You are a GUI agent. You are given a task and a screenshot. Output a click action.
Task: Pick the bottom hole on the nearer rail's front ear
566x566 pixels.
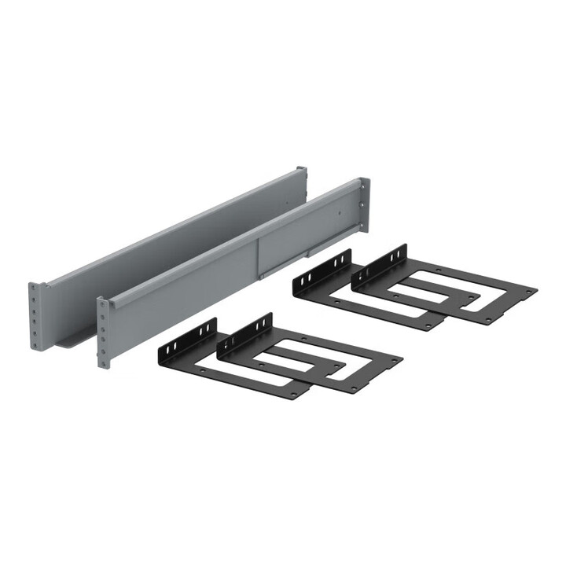(x=101, y=362)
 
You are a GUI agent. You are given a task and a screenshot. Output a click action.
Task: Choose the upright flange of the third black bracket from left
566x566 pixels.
(x=322, y=274)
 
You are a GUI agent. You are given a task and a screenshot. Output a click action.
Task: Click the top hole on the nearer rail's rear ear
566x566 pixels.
(x=362, y=186)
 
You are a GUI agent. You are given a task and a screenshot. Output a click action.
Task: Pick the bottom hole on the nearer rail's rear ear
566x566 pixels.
(x=362, y=228)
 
